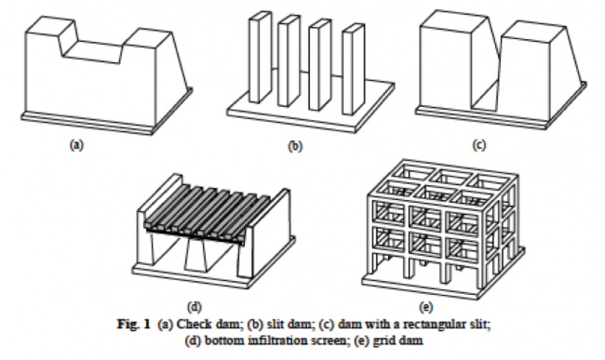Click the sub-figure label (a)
(x=76, y=145)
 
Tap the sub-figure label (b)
(x=295, y=146)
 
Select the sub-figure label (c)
(x=479, y=145)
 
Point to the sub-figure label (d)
(x=195, y=307)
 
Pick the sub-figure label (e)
(x=426, y=307)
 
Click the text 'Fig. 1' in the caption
(x=133, y=324)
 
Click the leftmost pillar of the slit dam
(x=260, y=58)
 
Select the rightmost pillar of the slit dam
(x=353, y=70)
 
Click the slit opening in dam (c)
(x=485, y=77)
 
